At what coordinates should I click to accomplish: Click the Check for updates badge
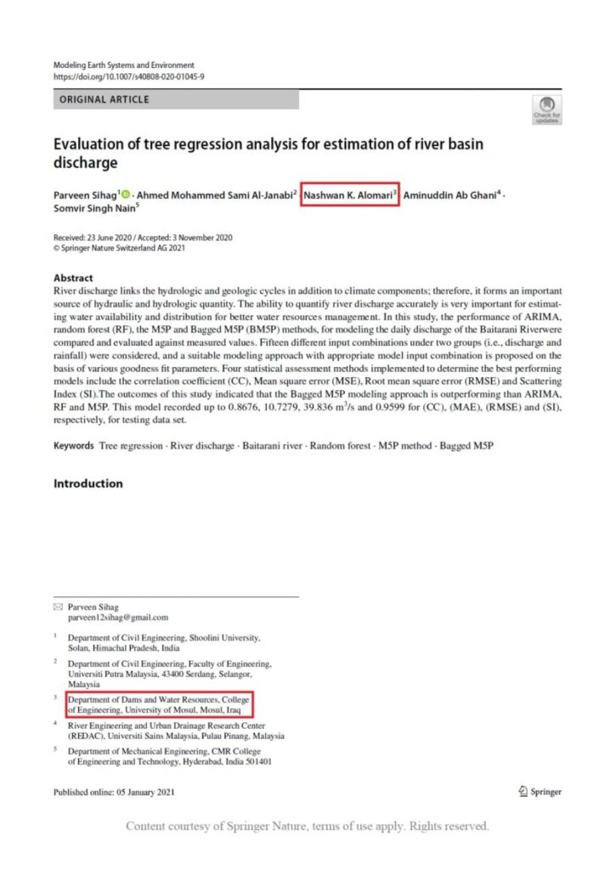tap(546, 109)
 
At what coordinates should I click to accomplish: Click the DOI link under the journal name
tap(128, 76)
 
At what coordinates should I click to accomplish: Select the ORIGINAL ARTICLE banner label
tap(104, 99)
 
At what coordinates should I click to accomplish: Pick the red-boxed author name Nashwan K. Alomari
tap(349, 195)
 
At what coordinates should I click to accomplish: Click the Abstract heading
tap(73, 278)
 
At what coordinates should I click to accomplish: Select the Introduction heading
tap(88, 483)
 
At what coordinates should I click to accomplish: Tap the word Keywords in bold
tap(73, 445)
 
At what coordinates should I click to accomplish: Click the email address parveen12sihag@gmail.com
tap(118, 618)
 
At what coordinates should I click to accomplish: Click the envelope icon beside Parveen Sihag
tap(58, 607)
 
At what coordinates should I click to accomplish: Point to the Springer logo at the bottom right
tap(540, 792)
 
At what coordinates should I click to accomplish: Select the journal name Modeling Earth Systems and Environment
tap(124, 65)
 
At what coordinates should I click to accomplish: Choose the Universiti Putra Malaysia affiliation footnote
tap(170, 673)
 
